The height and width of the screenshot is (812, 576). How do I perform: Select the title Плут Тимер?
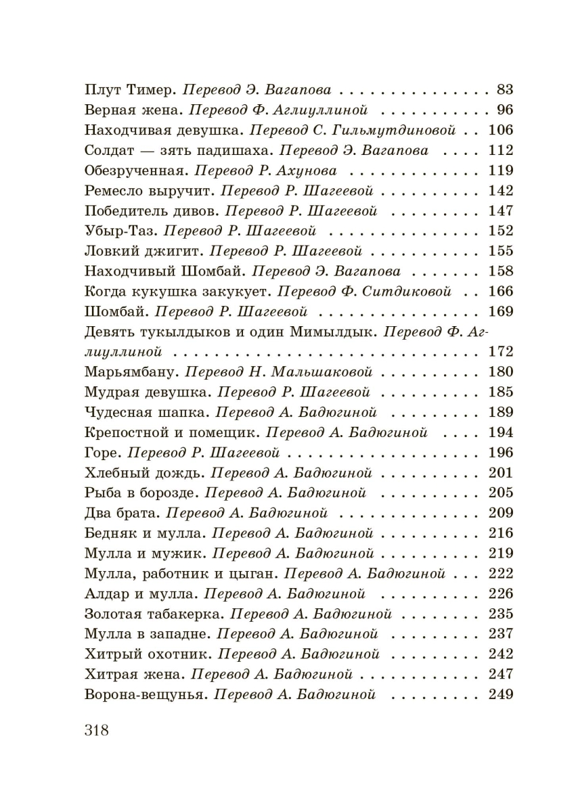[x=129, y=89]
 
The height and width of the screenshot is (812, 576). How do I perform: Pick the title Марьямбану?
[x=131, y=372]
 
